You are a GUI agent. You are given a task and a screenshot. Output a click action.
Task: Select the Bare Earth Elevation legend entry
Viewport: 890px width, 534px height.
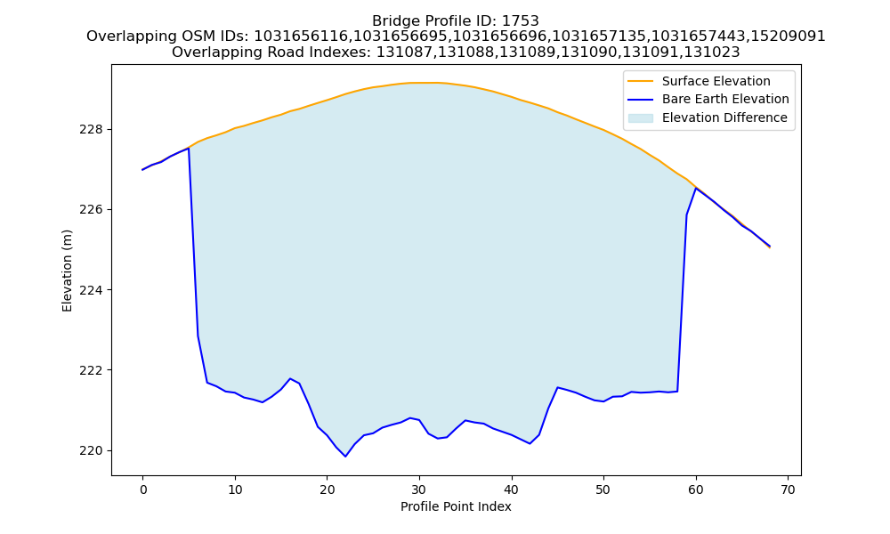coord(708,100)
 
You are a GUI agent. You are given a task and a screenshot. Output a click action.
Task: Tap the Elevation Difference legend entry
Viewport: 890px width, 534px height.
coord(708,117)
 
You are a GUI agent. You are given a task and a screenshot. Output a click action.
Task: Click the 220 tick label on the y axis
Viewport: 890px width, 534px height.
coord(91,450)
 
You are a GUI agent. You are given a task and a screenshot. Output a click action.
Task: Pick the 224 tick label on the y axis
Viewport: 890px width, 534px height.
coord(91,290)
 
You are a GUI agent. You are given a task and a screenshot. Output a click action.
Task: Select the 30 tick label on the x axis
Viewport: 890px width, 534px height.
coord(419,489)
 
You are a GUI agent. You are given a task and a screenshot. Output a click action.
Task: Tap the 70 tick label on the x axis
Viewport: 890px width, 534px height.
coord(788,489)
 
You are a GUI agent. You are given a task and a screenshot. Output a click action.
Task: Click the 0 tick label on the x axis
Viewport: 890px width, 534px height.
coord(142,489)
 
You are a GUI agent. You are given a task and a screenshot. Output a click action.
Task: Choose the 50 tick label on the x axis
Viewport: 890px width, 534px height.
coord(603,489)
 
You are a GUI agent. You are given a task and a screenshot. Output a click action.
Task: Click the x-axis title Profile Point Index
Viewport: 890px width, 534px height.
coord(456,506)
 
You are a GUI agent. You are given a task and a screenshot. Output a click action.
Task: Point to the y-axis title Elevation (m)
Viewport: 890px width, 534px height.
coord(67,271)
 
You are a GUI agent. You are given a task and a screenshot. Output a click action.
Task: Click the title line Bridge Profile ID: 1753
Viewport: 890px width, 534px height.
coord(456,21)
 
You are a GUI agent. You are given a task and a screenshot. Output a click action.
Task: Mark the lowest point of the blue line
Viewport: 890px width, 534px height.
coord(345,457)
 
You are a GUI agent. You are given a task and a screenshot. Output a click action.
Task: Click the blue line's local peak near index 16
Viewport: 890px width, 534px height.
coord(290,378)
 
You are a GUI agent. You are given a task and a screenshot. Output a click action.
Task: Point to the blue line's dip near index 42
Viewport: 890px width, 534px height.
coord(530,443)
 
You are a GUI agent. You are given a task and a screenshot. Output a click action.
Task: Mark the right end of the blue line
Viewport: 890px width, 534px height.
coord(770,247)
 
